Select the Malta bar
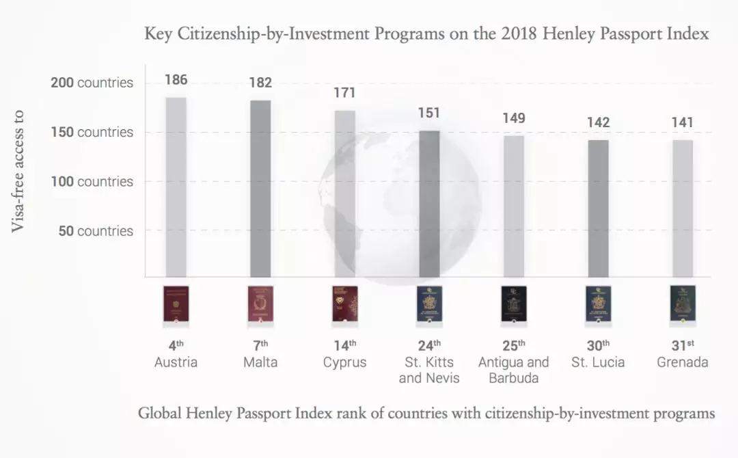point(260,189)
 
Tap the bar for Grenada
point(682,208)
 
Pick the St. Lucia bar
point(598,208)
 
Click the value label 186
point(176,80)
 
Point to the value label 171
point(344,92)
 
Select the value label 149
point(513,118)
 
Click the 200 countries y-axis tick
point(92,83)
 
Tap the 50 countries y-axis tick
point(95,231)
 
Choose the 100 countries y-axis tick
point(92,182)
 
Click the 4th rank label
point(176,345)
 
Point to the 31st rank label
point(682,345)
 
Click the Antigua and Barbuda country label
point(513,370)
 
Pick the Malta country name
point(260,362)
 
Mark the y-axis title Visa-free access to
point(18,171)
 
